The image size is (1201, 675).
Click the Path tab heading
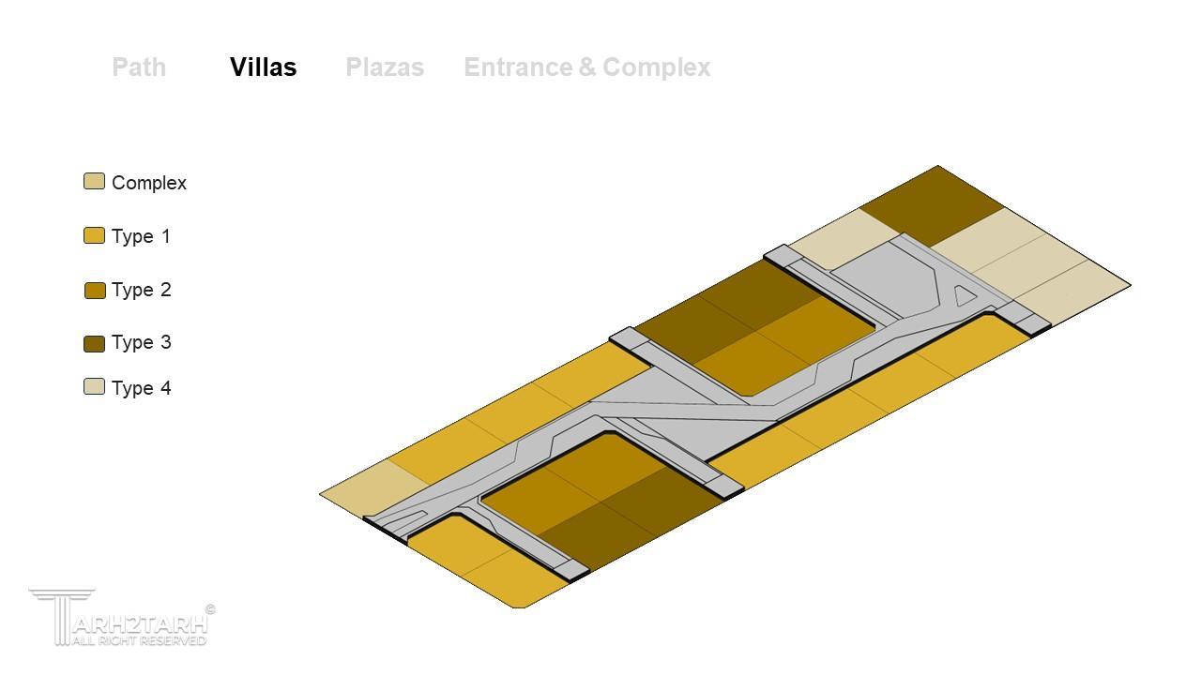139,67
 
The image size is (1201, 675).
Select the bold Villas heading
264,67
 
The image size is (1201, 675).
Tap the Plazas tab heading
385,67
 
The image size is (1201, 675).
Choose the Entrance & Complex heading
587,67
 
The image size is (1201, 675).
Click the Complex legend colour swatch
95,181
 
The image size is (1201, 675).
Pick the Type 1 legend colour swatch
95,235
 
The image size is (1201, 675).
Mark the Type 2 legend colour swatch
95,291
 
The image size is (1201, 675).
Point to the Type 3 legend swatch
95,344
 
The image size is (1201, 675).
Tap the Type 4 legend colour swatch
95,387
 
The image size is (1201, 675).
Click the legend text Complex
149,183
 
